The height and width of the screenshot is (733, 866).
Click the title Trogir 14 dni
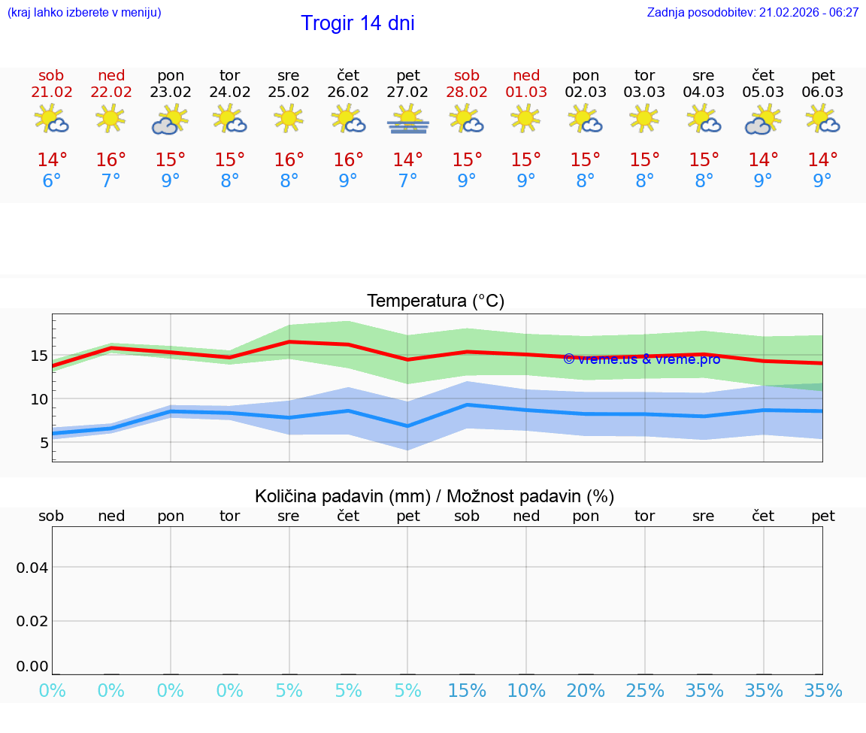(x=358, y=23)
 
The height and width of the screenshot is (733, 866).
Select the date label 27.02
(x=407, y=92)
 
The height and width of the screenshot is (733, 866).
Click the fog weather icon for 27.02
(x=407, y=120)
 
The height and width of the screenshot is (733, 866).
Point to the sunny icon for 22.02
(x=111, y=118)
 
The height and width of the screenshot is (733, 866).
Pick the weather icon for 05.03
(x=763, y=120)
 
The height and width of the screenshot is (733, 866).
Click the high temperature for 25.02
(x=289, y=160)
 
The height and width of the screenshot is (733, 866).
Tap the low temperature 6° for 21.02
(x=51, y=181)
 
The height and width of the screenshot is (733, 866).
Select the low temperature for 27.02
(x=407, y=181)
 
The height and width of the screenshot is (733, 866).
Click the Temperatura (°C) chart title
(x=435, y=301)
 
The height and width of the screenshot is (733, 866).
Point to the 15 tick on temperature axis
(x=39, y=355)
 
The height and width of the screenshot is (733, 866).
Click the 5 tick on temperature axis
(x=44, y=443)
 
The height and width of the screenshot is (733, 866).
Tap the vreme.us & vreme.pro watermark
(x=641, y=359)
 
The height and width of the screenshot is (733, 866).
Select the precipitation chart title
(x=435, y=496)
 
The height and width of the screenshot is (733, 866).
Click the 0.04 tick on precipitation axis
(x=32, y=568)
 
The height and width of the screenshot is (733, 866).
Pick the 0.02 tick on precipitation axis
(x=32, y=621)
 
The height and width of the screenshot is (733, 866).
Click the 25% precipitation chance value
(x=645, y=691)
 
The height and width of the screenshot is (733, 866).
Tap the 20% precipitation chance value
(x=586, y=691)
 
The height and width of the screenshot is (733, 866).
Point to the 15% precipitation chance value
(x=467, y=691)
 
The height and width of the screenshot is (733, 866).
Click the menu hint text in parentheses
(x=84, y=13)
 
